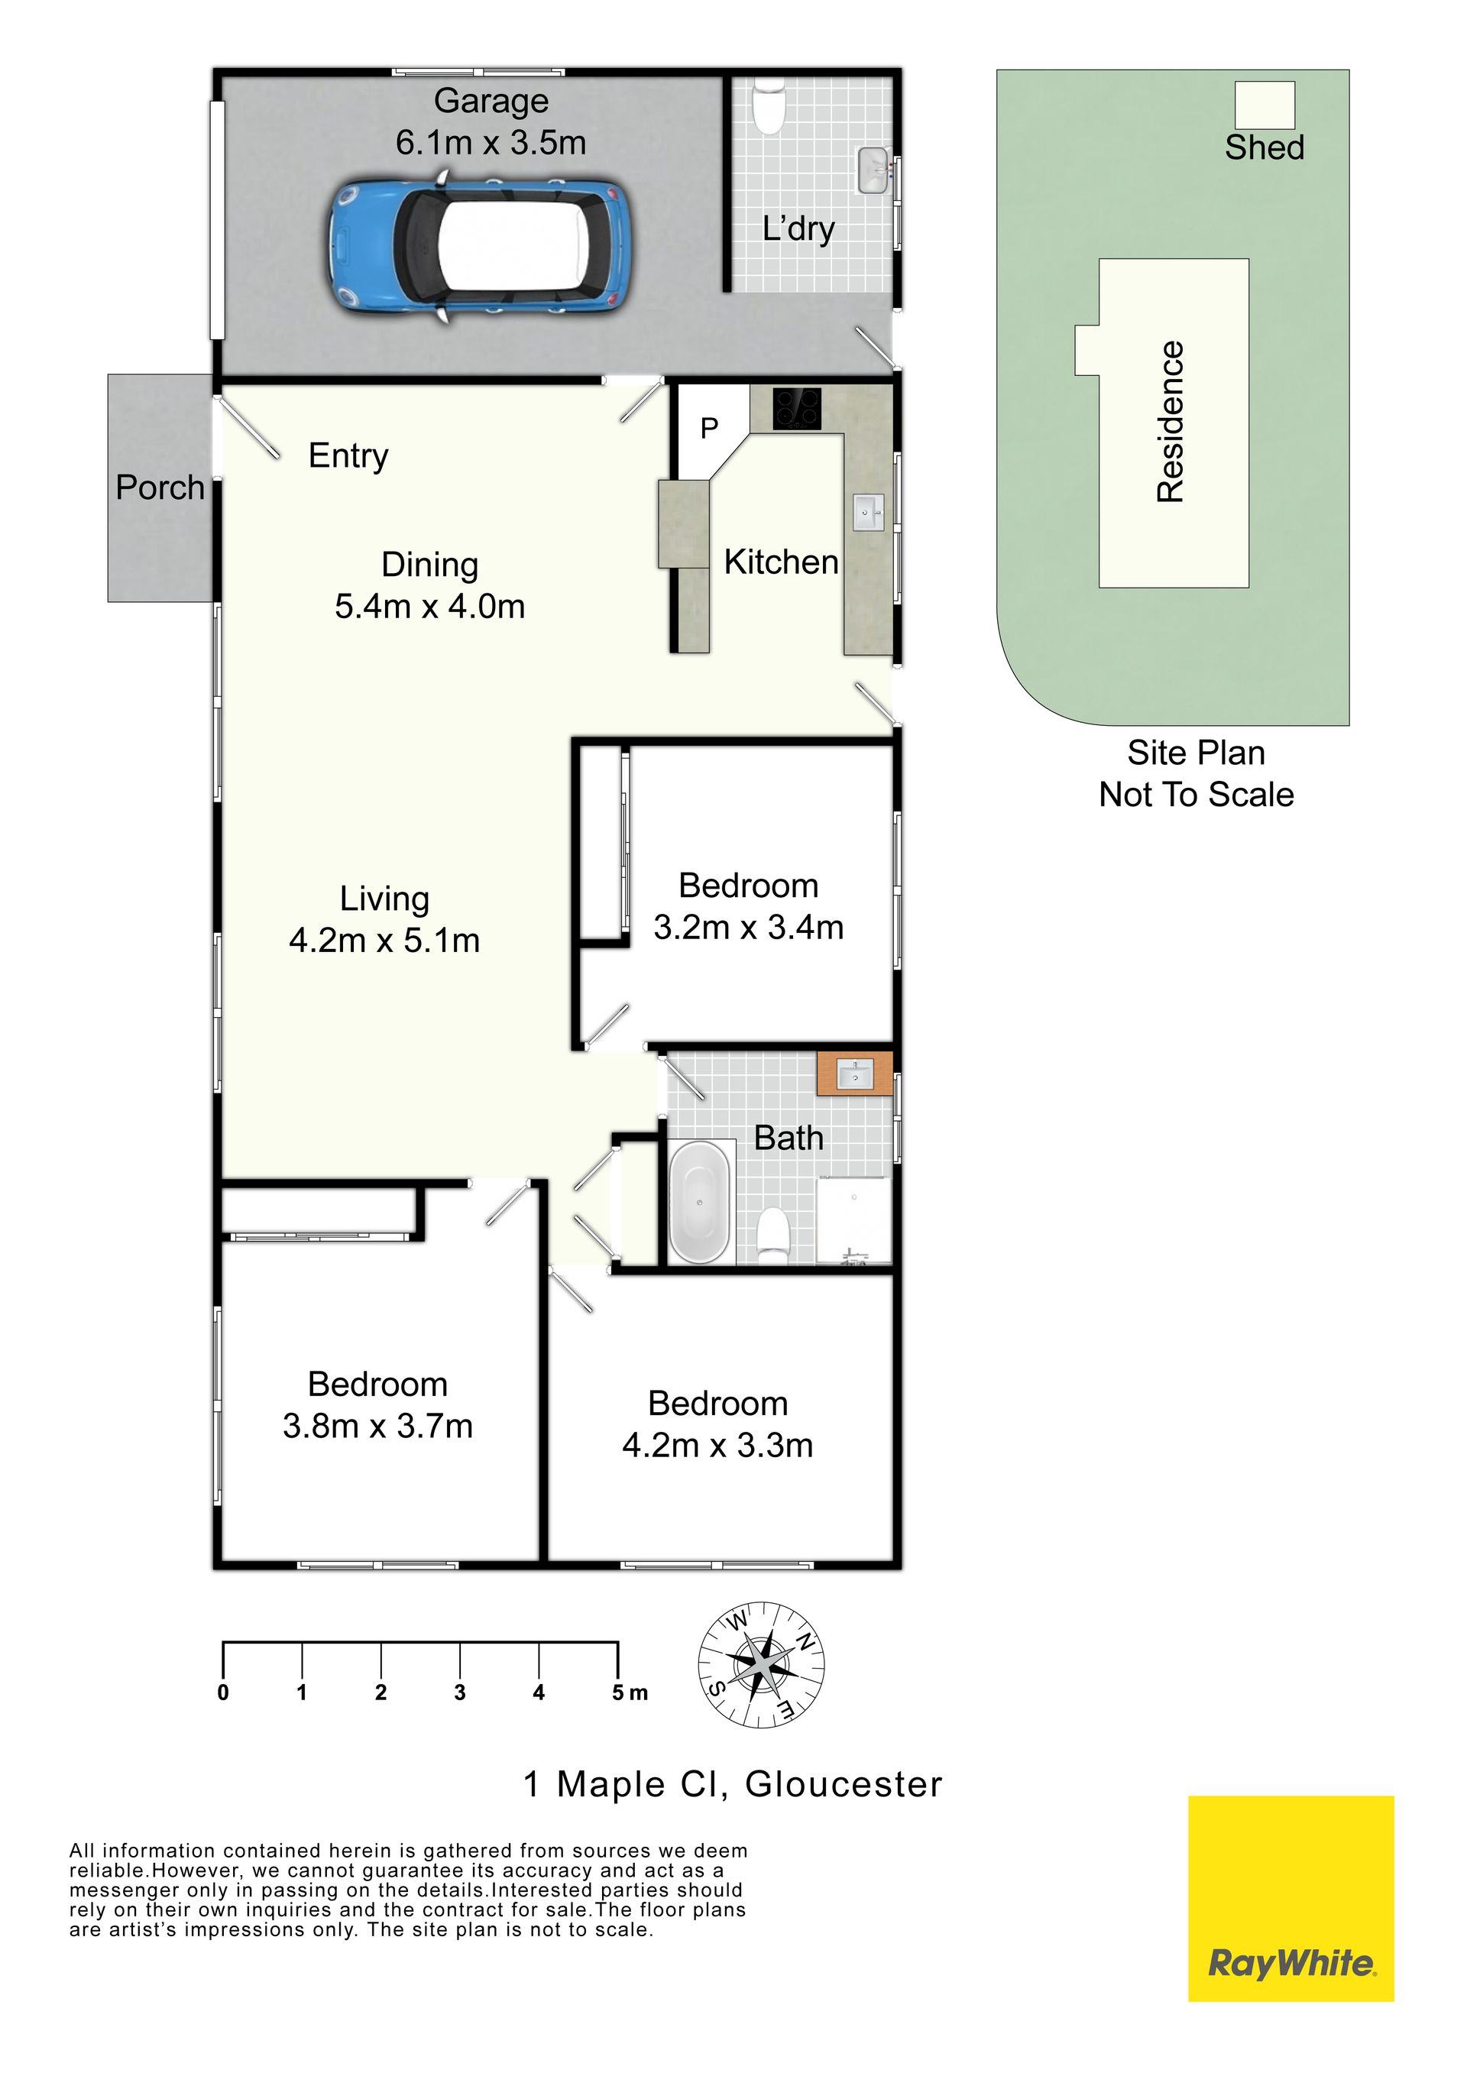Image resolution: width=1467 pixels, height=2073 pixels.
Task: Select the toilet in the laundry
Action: pos(770,106)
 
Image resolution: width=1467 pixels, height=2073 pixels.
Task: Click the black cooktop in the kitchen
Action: pos(797,410)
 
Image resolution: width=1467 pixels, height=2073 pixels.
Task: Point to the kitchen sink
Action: pos(868,513)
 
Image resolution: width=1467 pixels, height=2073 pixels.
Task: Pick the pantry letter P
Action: pos(710,427)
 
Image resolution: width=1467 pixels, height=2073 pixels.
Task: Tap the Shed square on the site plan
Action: pos(1265,105)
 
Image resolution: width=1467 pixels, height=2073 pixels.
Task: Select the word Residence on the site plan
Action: pos(1171,422)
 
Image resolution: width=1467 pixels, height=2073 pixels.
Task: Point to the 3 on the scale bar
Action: pos(460,1692)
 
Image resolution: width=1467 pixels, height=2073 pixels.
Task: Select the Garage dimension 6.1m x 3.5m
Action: pos(491,143)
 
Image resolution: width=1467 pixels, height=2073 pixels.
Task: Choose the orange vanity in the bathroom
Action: pos(854,1074)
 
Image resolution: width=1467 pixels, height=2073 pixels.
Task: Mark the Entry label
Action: pos(348,457)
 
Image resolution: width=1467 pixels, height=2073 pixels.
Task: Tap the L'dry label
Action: pos(798,228)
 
